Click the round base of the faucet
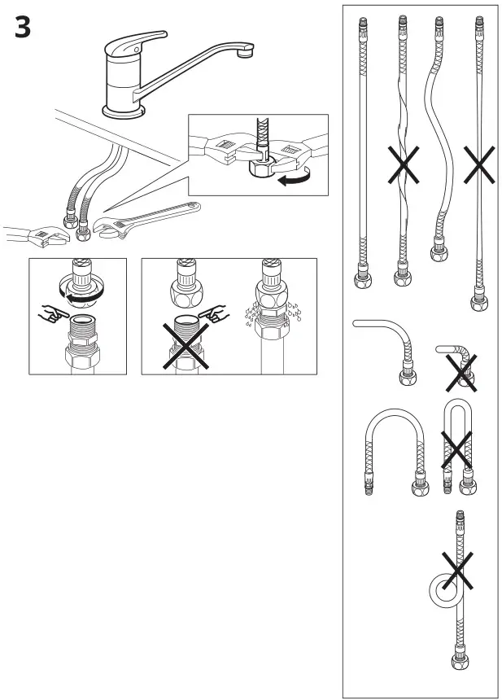(x=124, y=107)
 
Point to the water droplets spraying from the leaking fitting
(x=268, y=313)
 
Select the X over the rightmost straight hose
(x=478, y=167)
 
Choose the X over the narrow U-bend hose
(x=458, y=446)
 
